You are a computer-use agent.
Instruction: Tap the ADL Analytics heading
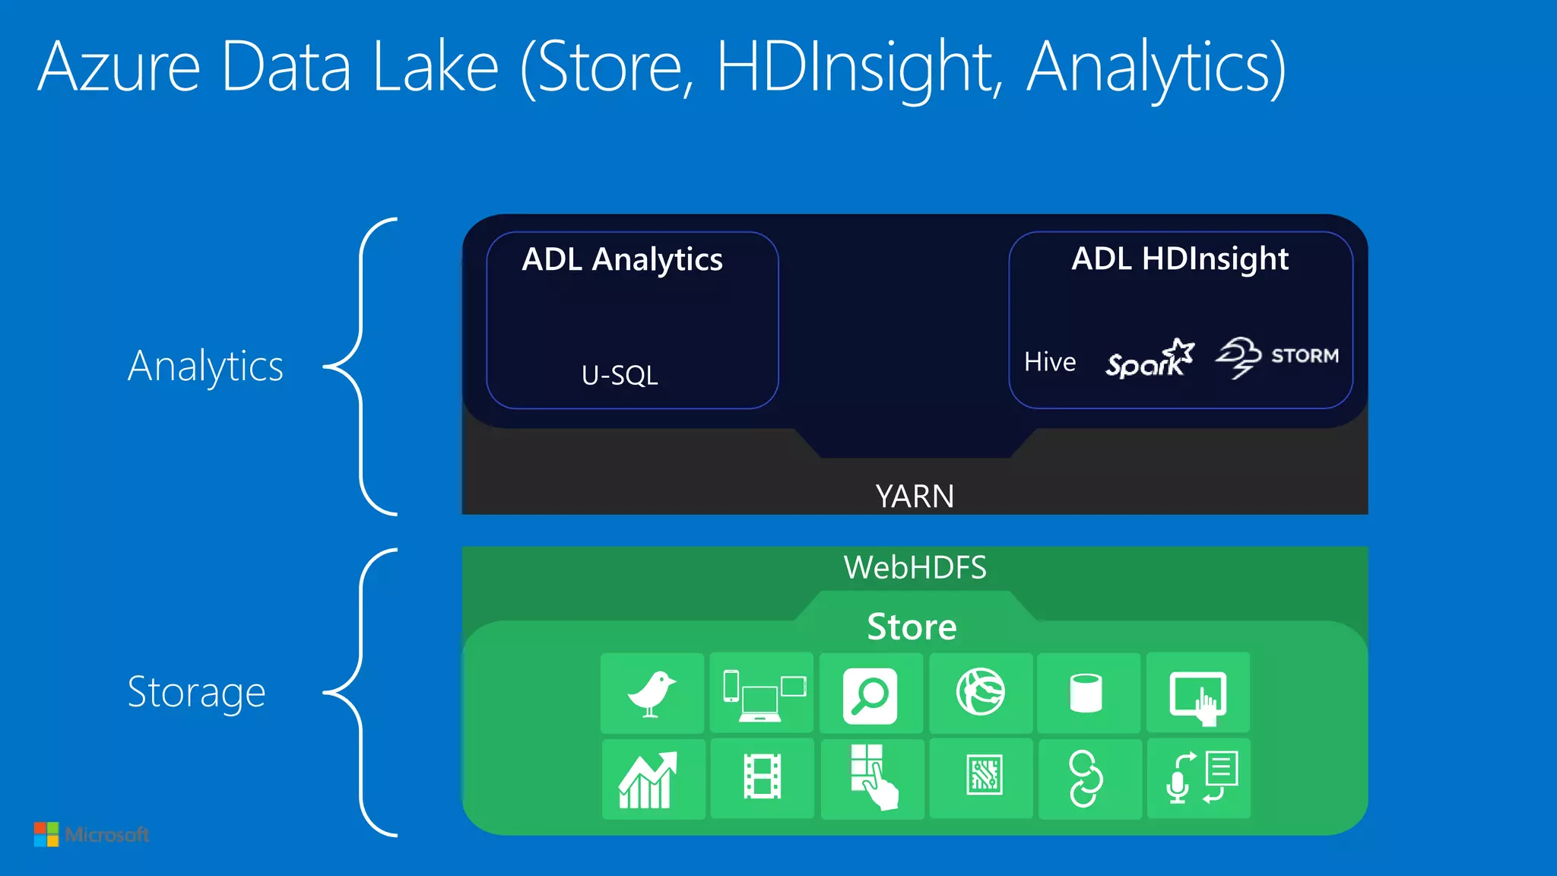(x=622, y=260)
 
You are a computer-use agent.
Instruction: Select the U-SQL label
(x=620, y=375)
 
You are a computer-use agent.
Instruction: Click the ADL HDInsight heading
(x=1180, y=259)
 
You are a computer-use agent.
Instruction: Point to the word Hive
(x=1050, y=362)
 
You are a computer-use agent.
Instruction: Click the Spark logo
(x=1149, y=359)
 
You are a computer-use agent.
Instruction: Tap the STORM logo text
(x=1305, y=356)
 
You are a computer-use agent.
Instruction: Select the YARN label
(x=915, y=497)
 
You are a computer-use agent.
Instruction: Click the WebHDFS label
(x=915, y=568)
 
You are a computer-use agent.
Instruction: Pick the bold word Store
(x=912, y=627)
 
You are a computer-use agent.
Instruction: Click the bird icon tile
(x=652, y=693)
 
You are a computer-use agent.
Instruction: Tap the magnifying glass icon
(x=870, y=695)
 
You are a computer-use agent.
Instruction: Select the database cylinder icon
(x=1086, y=693)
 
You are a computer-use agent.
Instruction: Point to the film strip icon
(x=762, y=777)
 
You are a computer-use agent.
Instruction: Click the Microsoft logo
(x=92, y=834)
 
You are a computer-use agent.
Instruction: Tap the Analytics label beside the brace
(x=205, y=367)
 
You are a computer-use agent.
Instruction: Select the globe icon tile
(x=980, y=692)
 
